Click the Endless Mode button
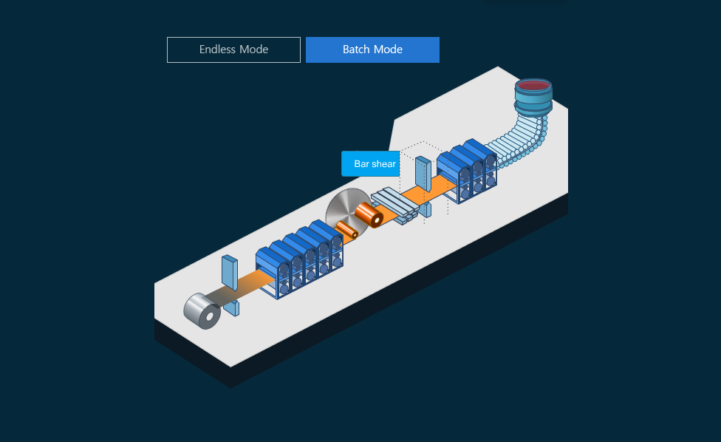tap(233, 50)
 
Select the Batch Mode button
tap(372, 50)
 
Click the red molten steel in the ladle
tap(533, 86)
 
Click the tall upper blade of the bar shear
tap(423, 172)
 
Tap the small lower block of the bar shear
tap(426, 210)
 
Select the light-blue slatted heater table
tap(394, 205)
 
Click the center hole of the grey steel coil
tap(211, 317)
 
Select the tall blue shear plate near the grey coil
tap(230, 273)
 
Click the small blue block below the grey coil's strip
tap(232, 307)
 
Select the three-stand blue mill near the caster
tap(467, 169)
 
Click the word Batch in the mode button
tap(356, 50)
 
